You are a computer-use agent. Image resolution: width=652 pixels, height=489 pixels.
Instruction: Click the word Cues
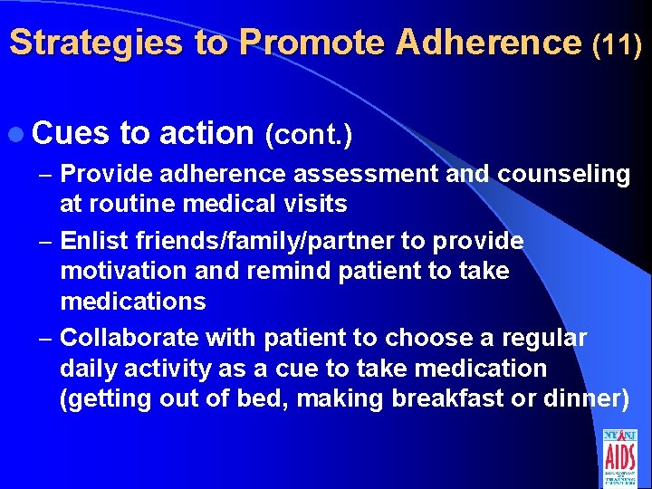pyautogui.click(x=72, y=132)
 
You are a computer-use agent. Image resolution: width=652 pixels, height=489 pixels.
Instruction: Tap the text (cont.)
pyautogui.click(x=307, y=134)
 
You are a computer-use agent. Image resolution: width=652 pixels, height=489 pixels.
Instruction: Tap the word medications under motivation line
pyautogui.click(x=132, y=301)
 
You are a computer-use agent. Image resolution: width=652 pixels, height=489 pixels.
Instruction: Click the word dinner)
pyautogui.click(x=590, y=398)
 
